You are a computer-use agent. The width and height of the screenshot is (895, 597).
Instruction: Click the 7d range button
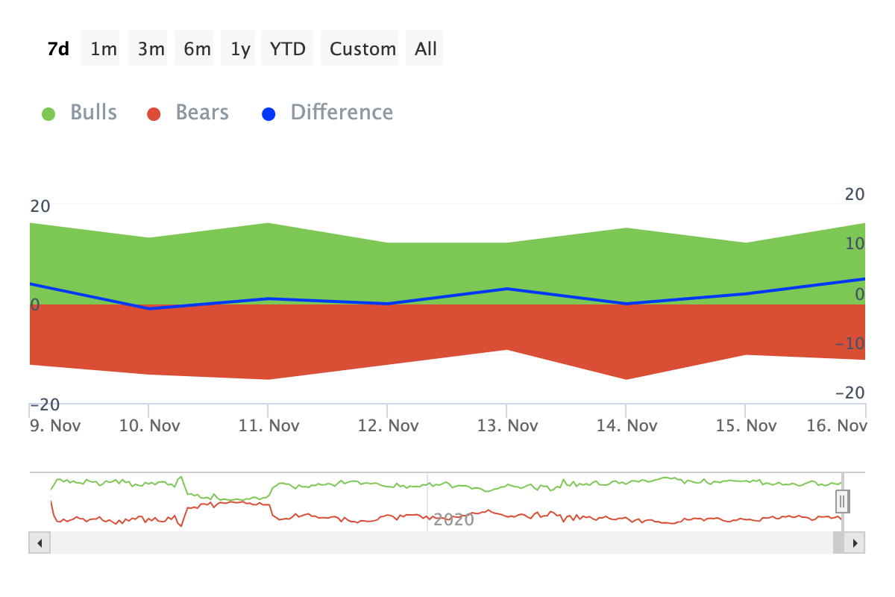[58, 49]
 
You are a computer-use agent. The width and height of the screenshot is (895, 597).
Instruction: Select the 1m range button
[104, 49]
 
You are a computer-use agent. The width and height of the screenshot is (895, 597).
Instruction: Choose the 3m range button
[151, 49]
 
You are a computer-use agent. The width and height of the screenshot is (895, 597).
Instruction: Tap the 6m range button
[198, 49]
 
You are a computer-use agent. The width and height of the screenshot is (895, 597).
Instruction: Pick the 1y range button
[240, 49]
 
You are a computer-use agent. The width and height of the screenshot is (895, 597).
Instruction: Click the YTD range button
[288, 49]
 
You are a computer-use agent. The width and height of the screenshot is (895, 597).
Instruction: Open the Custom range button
[362, 49]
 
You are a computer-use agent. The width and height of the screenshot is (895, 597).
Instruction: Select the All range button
[426, 49]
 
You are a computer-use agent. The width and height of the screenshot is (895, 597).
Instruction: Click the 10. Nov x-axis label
[150, 426]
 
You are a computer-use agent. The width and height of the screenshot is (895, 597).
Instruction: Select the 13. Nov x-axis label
[508, 426]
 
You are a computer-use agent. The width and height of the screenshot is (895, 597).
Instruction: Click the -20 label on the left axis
[44, 404]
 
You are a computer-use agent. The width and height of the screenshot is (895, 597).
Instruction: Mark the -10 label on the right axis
[849, 344]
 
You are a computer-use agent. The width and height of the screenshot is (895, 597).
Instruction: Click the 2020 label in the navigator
[453, 519]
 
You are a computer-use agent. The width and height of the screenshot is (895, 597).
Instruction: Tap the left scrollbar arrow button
[40, 543]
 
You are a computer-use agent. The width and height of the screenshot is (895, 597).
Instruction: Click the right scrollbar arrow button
[855, 543]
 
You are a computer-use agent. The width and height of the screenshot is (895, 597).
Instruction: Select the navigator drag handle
[842, 501]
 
